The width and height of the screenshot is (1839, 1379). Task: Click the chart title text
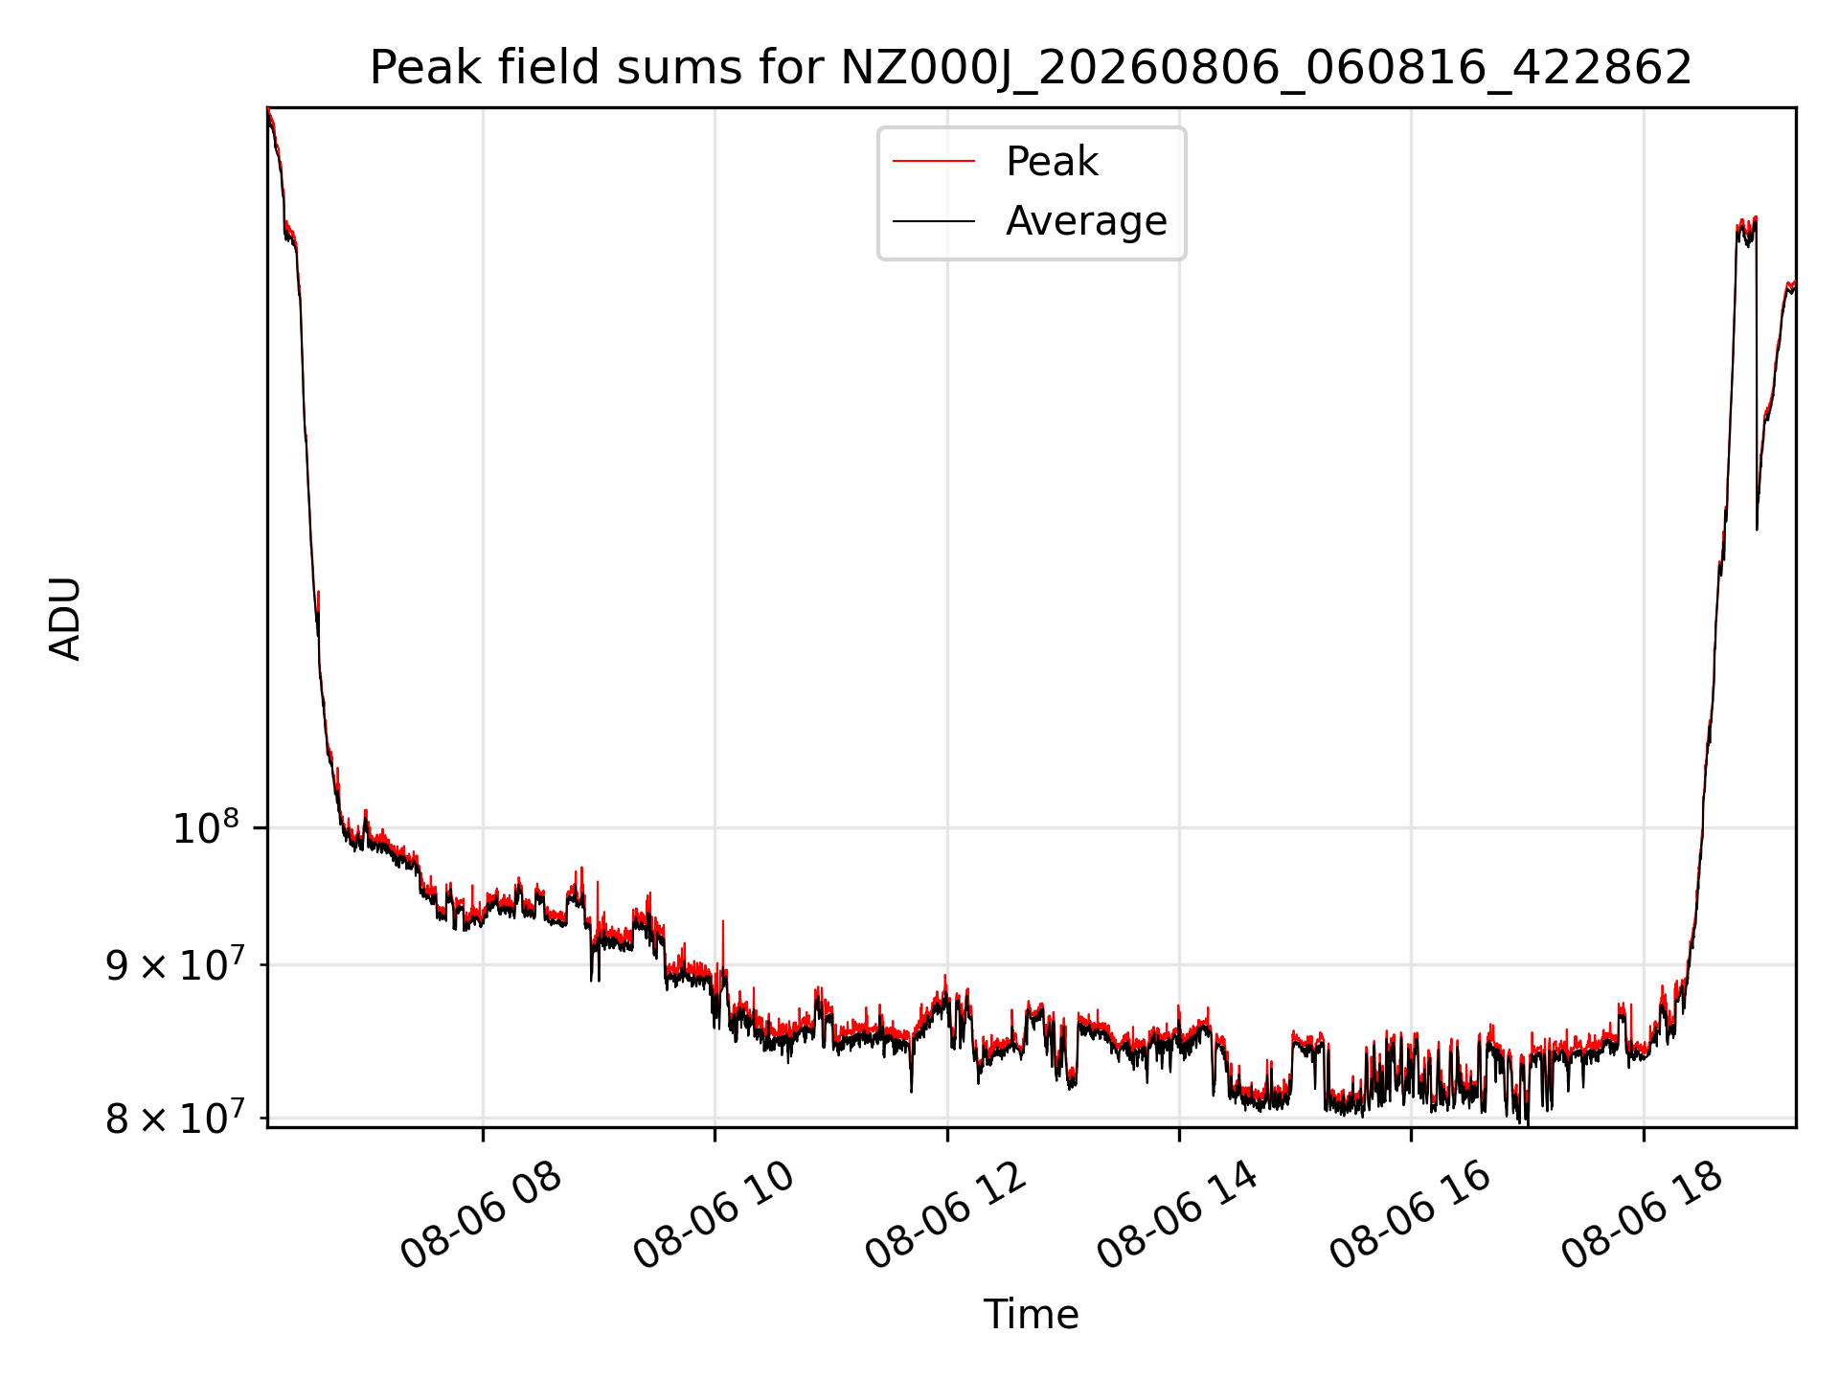point(1031,68)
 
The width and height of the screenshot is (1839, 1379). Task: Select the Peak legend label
point(1052,162)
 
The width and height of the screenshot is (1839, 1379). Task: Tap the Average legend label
point(1086,221)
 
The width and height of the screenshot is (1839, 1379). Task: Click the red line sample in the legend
point(934,162)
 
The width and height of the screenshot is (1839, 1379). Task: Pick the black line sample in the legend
point(934,221)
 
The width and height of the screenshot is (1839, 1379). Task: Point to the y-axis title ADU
point(65,619)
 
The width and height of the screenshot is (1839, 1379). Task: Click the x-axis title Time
point(1031,1315)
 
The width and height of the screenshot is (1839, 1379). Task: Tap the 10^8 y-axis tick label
point(206,827)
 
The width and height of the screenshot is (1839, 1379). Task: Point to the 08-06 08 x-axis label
point(481,1215)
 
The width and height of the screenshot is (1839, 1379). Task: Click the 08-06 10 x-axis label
point(714,1215)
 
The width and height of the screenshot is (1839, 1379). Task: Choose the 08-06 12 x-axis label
point(946,1215)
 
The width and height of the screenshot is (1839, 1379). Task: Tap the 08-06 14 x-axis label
point(1178,1215)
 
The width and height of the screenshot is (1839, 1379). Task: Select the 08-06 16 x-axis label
point(1411,1215)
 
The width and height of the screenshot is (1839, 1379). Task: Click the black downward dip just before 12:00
point(911,1068)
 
